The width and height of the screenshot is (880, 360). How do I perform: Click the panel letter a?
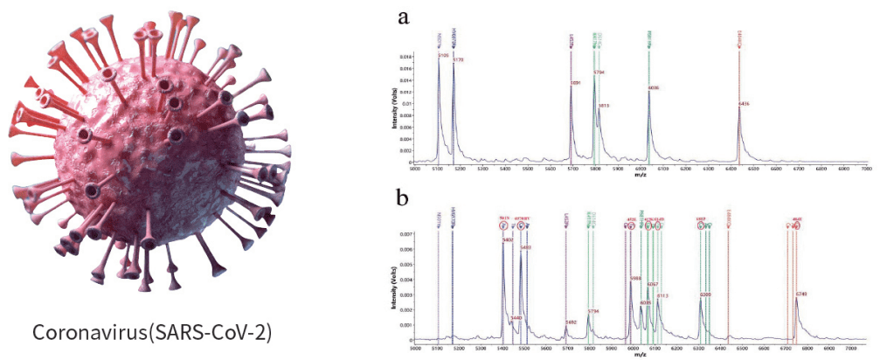403,18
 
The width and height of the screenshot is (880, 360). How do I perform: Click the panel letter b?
403,198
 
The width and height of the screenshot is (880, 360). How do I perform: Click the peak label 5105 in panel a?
443,55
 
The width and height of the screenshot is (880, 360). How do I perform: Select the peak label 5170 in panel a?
459,60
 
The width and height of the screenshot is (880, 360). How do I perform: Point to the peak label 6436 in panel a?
745,103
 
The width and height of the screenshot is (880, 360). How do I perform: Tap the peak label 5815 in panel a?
603,105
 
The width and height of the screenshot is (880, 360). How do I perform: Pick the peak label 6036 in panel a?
655,88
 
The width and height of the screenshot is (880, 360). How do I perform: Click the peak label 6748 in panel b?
801,294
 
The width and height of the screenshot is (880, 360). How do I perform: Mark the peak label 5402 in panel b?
525,248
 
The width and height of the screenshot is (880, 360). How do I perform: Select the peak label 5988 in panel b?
635,278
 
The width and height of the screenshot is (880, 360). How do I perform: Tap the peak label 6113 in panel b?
662,296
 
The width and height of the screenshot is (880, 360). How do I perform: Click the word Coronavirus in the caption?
84,333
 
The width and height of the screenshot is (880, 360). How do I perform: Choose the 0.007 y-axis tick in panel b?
428,235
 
